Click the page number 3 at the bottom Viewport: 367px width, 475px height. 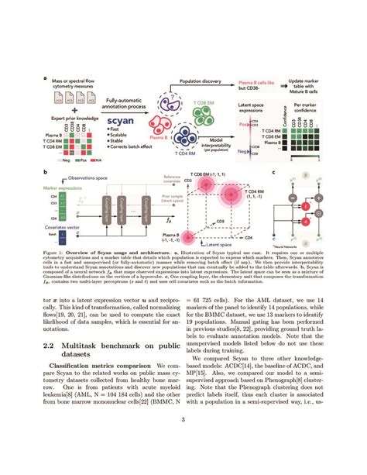click(183, 442)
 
